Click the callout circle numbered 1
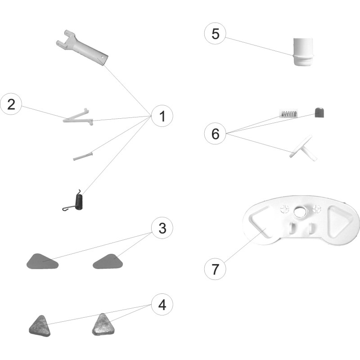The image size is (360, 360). click(162, 116)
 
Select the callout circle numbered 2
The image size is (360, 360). click(11, 104)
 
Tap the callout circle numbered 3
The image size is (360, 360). click(162, 228)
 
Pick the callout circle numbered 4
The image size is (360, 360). click(162, 305)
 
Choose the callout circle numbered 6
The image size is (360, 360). click(215, 133)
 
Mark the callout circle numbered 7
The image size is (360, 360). click(215, 269)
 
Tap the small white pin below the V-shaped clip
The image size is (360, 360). click(83, 156)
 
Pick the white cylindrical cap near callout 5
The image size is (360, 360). click(303, 52)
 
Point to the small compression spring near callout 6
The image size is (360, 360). click(289, 113)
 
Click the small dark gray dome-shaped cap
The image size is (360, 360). click(319, 112)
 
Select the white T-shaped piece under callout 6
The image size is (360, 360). click(303, 148)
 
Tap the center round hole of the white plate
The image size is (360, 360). click(301, 212)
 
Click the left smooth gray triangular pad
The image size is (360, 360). click(42, 261)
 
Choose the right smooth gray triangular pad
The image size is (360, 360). click(108, 261)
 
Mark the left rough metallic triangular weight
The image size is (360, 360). click(40, 326)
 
